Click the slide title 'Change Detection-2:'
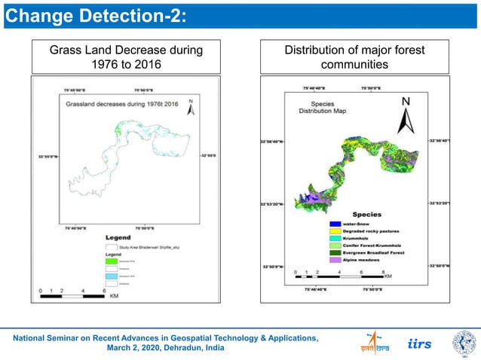point(97,15)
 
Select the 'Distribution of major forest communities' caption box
point(354,57)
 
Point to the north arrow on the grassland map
point(191,108)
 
